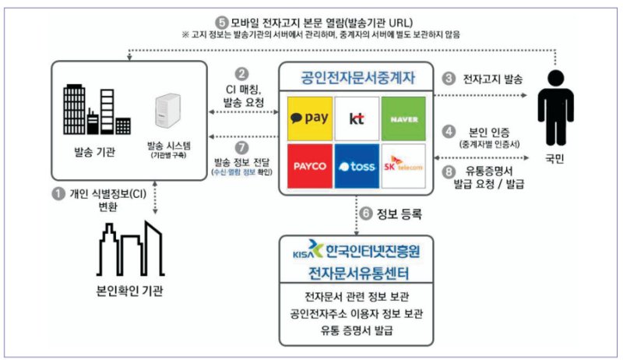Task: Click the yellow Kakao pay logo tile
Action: (x=309, y=118)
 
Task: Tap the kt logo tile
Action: (x=357, y=118)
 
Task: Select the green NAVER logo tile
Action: (x=403, y=118)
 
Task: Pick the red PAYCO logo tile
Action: (x=309, y=166)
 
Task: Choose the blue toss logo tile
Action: (x=357, y=166)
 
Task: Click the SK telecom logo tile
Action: (x=403, y=166)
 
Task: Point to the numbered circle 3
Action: (x=449, y=79)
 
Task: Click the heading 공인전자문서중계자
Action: (x=356, y=78)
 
